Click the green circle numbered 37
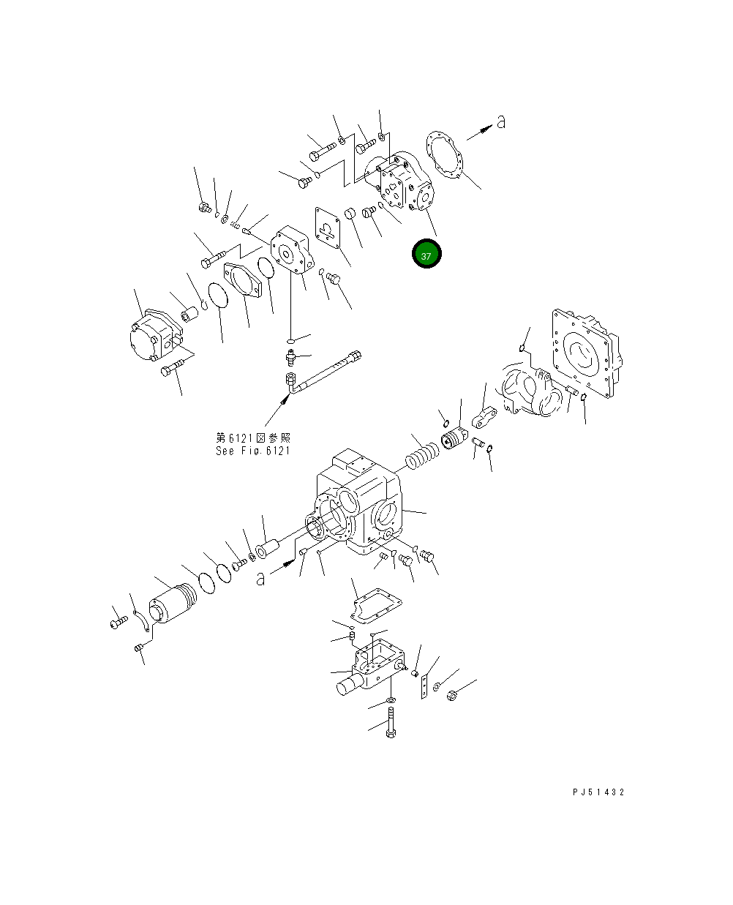[426, 255]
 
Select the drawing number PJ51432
[598, 792]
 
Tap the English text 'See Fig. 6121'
[252, 451]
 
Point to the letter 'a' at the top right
[500, 122]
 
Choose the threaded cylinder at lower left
[173, 604]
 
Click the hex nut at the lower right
[451, 695]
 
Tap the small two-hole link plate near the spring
[484, 418]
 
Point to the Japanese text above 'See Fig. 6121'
[252, 438]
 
